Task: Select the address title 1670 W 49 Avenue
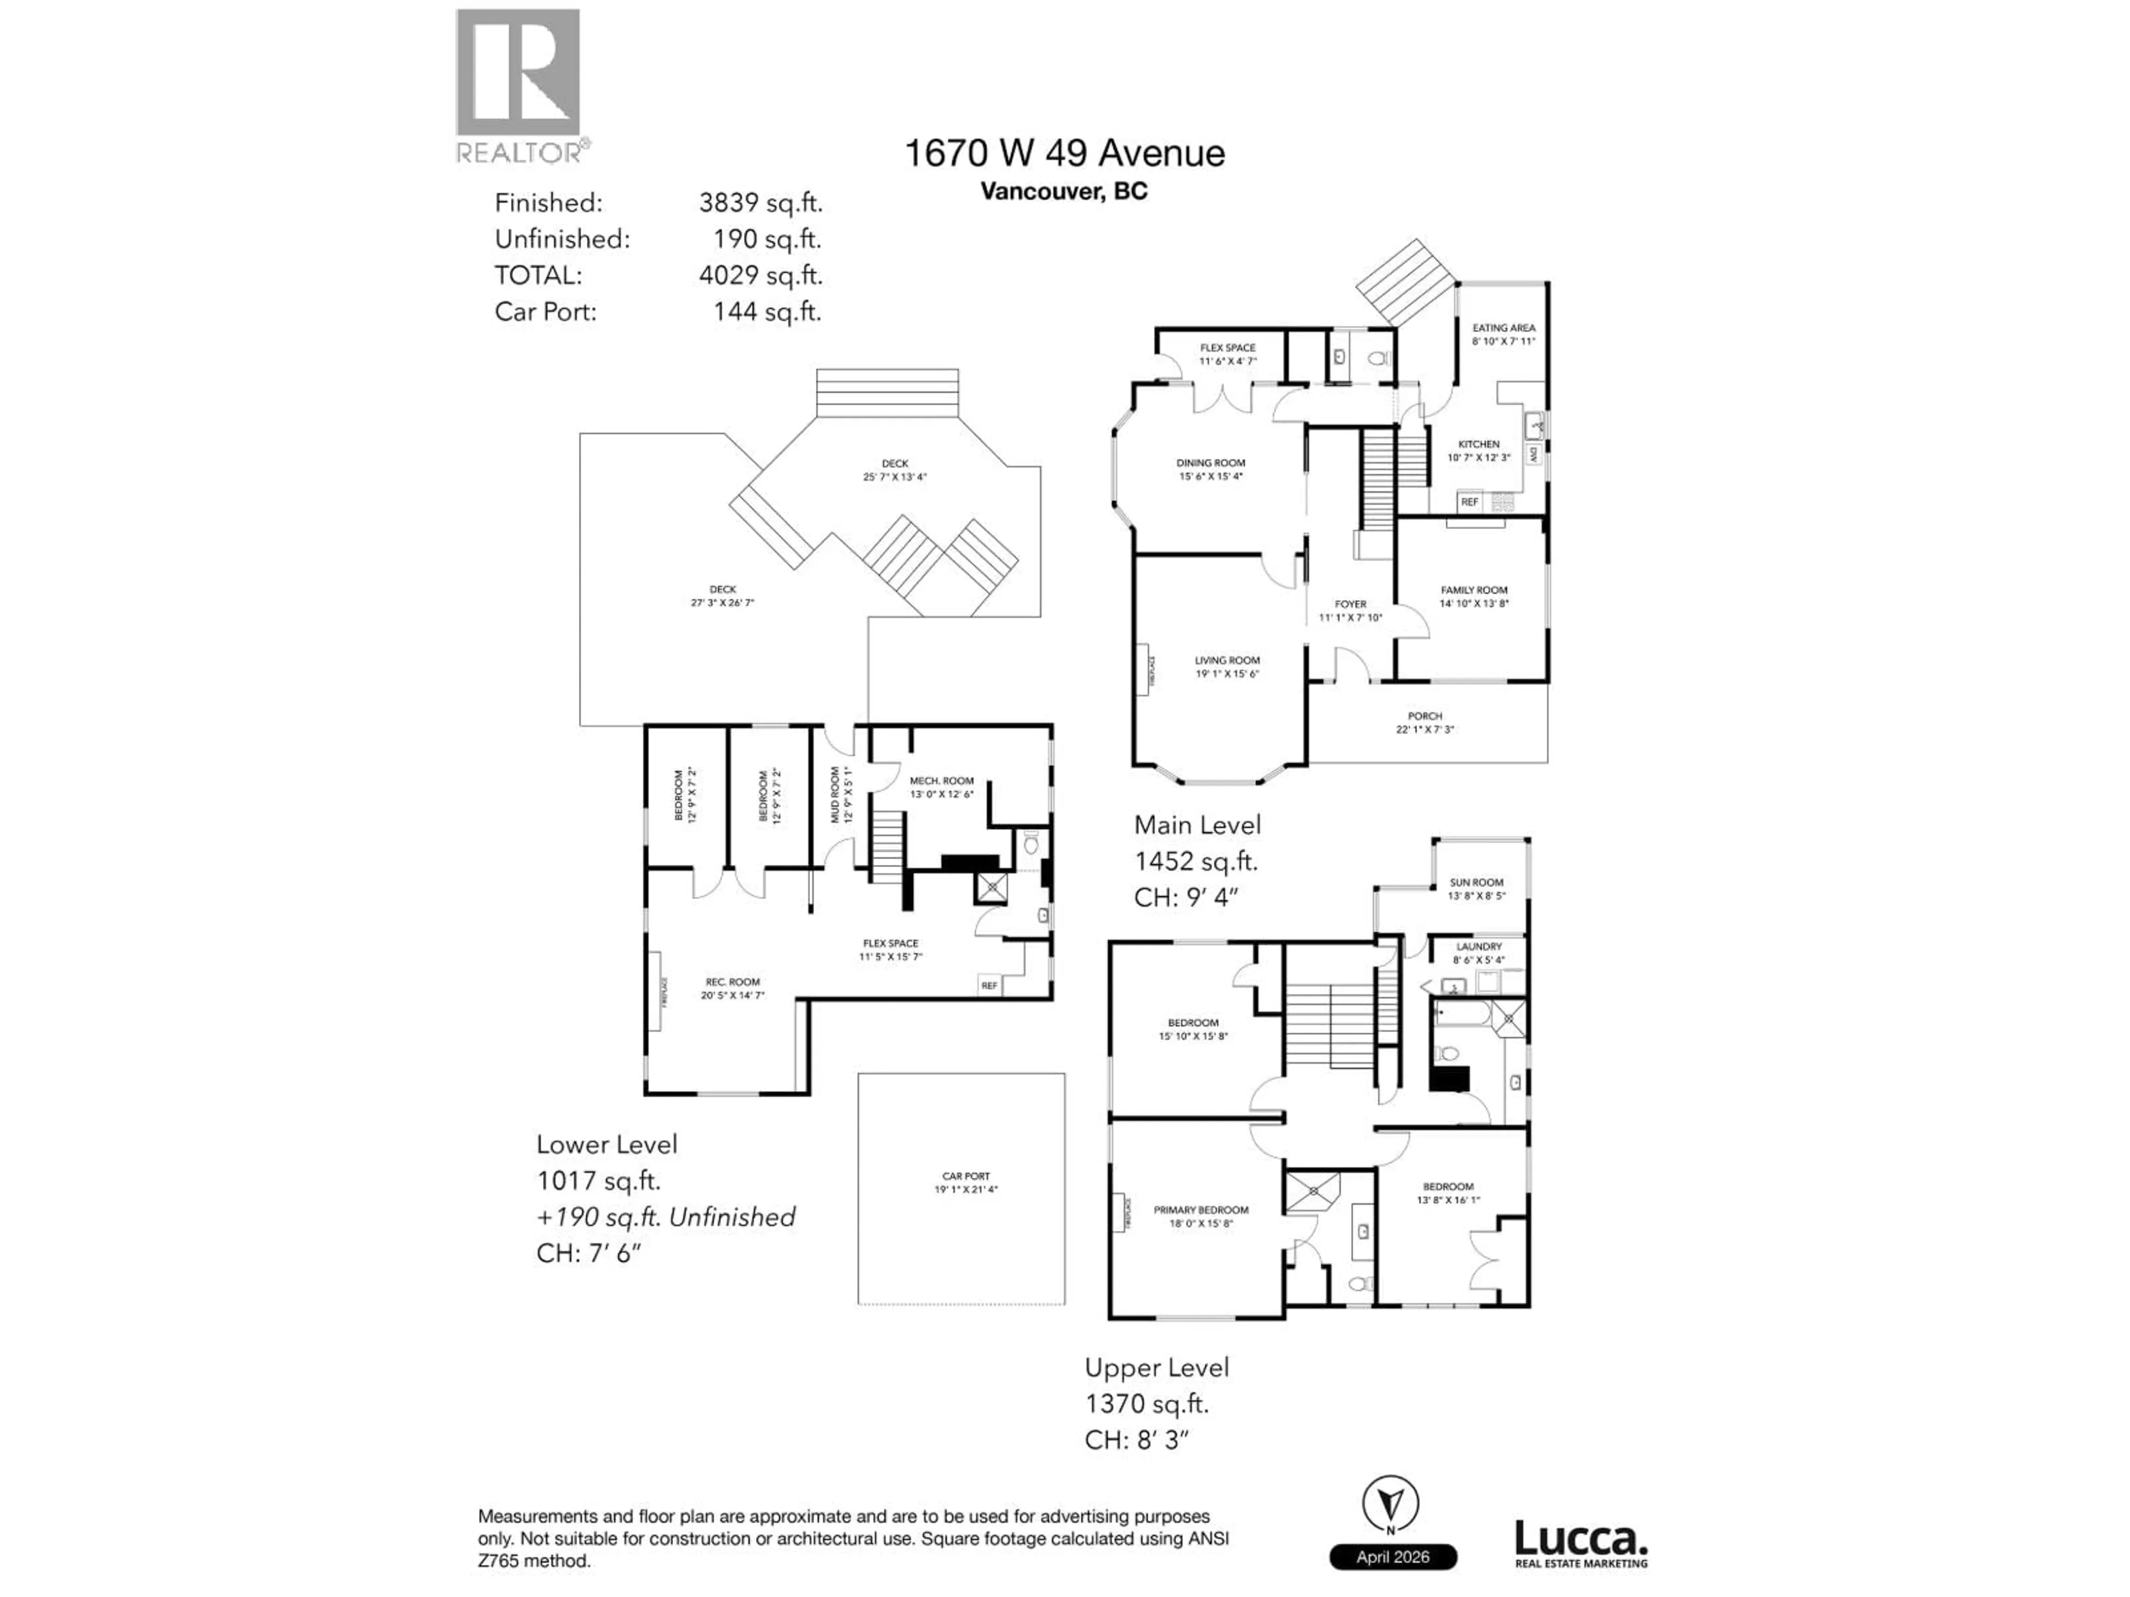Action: coord(1064,153)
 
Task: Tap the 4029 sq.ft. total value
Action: coord(760,275)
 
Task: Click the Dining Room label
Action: coord(1210,463)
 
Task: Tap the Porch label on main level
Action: coord(1424,716)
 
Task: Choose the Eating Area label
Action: coord(1503,328)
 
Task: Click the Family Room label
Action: coord(1473,590)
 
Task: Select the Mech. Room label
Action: coord(941,781)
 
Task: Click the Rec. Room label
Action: coord(732,982)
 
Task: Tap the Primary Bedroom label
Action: coord(1201,1210)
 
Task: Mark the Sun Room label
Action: coord(1475,882)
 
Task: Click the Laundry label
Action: coord(1478,947)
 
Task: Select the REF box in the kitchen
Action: coord(1468,501)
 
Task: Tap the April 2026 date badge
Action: coord(1392,1557)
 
